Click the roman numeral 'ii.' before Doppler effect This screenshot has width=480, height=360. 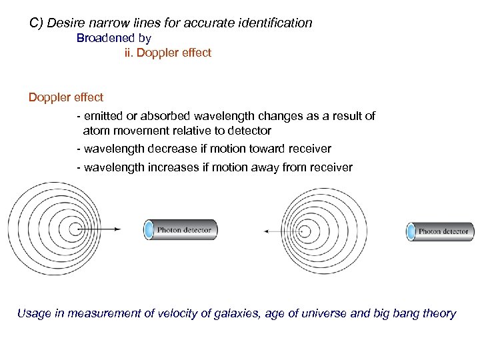click(x=129, y=53)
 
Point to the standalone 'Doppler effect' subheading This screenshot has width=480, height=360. click(x=65, y=97)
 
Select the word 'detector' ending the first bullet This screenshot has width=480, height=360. click(x=249, y=131)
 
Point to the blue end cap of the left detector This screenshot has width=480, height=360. click(x=149, y=230)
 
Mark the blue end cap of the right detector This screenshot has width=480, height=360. click(x=412, y=231)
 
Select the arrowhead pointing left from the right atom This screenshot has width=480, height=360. click(x=267, y=231)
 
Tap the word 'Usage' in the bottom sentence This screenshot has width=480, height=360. click(x=33, y=313)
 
